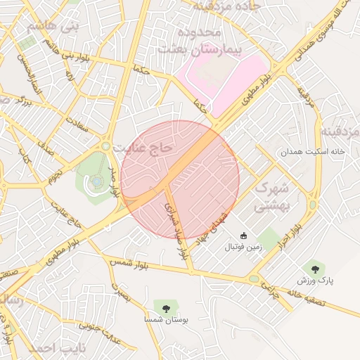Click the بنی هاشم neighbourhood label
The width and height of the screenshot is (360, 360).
pos(49,27)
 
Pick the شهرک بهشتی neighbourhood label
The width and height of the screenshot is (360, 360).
pos(271,197)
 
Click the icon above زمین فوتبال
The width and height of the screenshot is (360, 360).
pos(244,236)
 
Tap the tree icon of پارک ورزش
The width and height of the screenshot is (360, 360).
pos(314,268)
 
